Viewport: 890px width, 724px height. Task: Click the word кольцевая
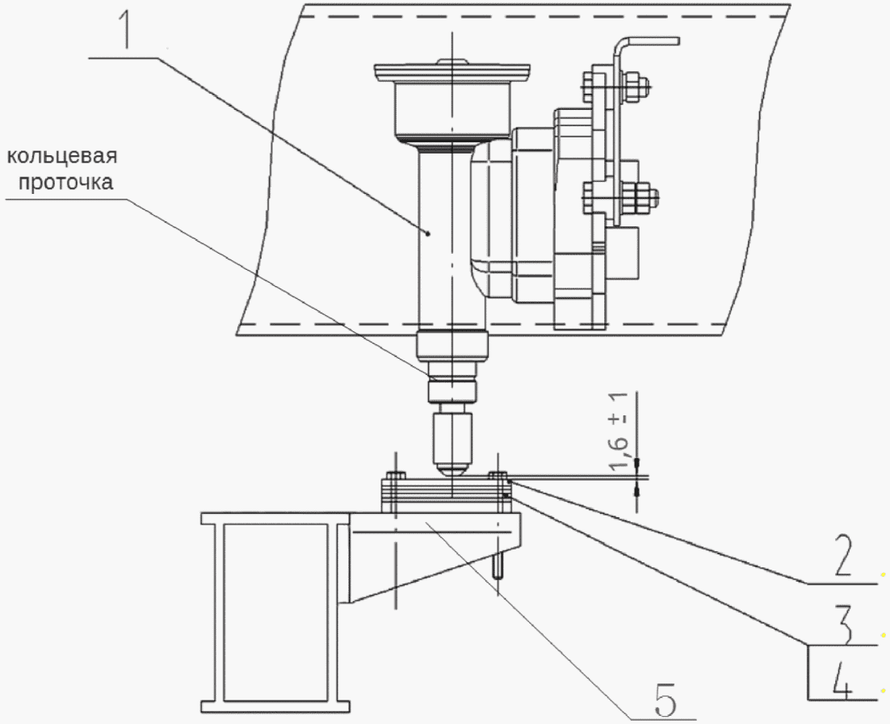click(x=62, y=156)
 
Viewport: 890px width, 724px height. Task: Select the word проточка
click(x=65, y=183)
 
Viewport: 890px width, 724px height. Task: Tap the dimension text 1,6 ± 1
click(x=619, y=432)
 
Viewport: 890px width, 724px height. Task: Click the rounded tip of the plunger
click(x=451, y=469)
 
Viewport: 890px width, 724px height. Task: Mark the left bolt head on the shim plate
click(x=396, y=475)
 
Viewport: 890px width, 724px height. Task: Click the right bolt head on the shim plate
click(x=497, y=475)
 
